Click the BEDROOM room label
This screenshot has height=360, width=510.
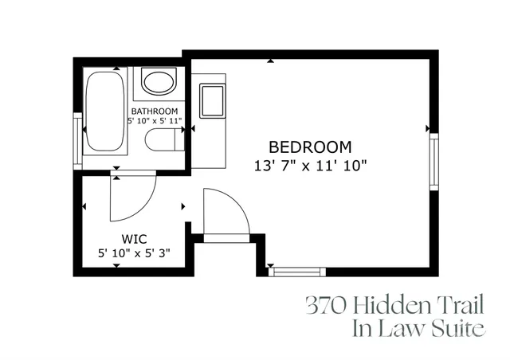pyautogui.click(x=310, y=147)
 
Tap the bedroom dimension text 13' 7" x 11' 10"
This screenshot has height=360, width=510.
pyautogui.click(x=310, y=166)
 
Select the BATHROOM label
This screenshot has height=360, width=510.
pyautogui.click(x=155, y=111)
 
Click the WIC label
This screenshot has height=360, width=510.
pyautogui.click(x=133, y=238)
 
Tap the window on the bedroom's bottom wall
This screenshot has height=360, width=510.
pyautogui.click(x=296, y=272)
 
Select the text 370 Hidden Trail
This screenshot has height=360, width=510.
pyautogui.click(x=394, y=305)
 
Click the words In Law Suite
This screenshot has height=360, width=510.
pyautogui.click(x=419, y=328)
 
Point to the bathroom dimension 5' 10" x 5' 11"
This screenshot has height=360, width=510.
pyautogui.click(x=155, y=121)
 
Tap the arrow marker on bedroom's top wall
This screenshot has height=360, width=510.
pyautogui.click(x=273, y=60)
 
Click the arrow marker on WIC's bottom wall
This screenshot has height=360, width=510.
pyautogui.click(x=117, y=265)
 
